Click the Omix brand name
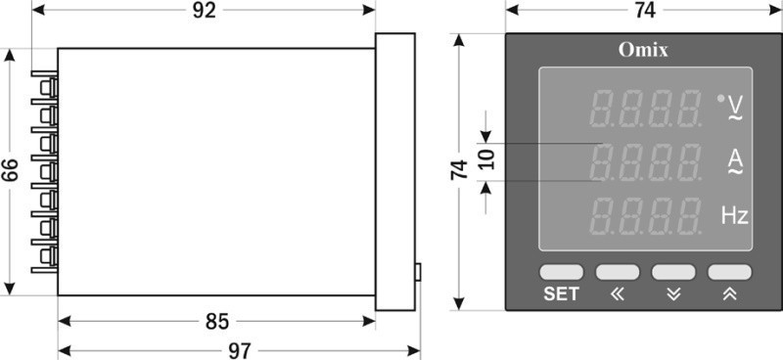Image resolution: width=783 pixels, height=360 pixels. coord(643,50)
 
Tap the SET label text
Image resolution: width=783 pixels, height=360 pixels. coord(561,294)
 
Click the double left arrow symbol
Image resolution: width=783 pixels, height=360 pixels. coord(618,294)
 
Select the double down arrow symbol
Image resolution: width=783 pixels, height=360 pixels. coord(673,294)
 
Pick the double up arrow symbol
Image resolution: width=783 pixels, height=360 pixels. coord(729,294)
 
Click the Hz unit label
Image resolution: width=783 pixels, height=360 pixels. coord(735,216)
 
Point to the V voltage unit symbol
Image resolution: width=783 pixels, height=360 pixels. coord(735,108)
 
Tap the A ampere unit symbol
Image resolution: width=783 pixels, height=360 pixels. coord(736,161)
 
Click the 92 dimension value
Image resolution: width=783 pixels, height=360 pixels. coord(205,11)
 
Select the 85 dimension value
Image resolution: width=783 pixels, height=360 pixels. coord(217,322)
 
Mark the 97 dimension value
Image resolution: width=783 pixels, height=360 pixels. coord(240,351)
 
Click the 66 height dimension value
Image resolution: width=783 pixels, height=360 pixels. coord(10,170)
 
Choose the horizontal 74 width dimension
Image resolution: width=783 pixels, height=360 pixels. coord(645,11)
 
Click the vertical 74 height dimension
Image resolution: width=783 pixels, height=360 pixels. coord(459,170)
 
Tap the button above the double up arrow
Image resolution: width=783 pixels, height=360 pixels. coord(729,272)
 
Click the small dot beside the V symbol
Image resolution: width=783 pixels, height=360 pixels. coord(720,99)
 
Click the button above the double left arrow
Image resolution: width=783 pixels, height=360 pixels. coord(618,272)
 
